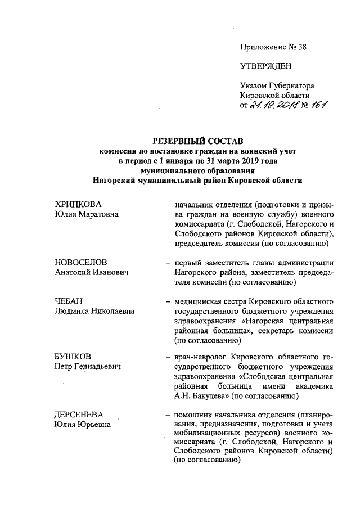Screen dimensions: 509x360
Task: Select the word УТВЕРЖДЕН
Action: [266, 66]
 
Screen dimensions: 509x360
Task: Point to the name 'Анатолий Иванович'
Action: [92, 273]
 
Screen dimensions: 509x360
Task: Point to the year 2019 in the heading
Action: [236, 161]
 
